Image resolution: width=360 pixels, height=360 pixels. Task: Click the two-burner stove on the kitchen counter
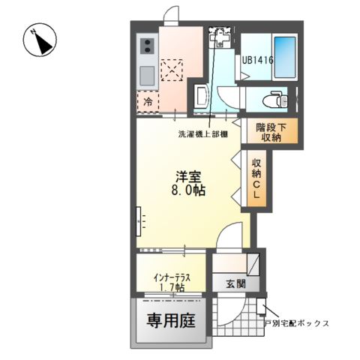tap(145, 47)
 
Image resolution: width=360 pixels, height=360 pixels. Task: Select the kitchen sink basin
tap(145, 75)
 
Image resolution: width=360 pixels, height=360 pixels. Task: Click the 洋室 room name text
tap(187, 176)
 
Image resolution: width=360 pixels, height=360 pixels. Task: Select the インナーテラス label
tap(172, 276)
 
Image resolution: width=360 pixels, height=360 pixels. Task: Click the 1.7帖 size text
tap(172, 286)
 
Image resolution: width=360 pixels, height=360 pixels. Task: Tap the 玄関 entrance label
tap(235, 283)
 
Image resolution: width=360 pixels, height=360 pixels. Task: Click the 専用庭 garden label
tap(170, 322)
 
